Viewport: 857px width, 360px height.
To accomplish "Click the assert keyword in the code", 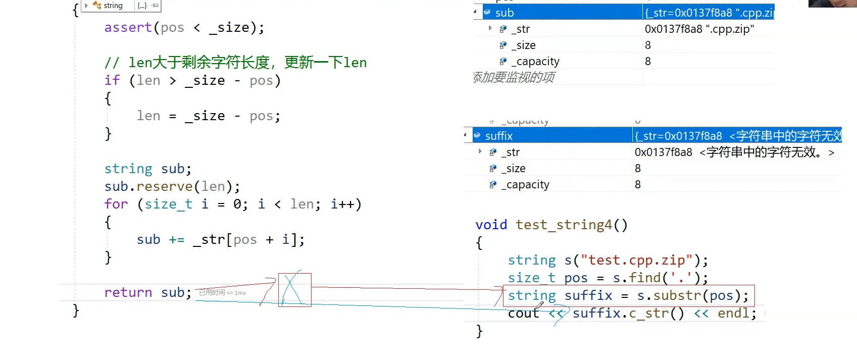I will [128, 27].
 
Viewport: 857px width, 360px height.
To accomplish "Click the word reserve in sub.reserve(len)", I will [165, 186].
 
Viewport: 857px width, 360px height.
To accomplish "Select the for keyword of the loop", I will [116, 204].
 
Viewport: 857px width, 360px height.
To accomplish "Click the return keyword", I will [128, 292].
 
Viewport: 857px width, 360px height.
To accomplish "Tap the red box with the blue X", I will [294, 290].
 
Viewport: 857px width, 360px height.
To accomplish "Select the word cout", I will [523, 314].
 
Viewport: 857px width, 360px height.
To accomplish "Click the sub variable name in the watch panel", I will [505, 13].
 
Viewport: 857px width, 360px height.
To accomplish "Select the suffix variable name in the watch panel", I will [499, 136].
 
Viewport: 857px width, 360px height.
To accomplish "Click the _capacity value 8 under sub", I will [648, 62].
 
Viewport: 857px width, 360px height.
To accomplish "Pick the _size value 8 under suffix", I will [638, 169].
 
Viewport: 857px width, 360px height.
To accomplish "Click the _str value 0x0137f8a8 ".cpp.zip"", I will [699, 29].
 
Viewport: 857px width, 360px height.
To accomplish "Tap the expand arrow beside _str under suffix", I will [480, 151].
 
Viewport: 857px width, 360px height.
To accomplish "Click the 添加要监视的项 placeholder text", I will [514, 77].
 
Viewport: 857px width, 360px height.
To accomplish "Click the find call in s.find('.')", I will [645, 278].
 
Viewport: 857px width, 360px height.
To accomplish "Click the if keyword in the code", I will [112, 80].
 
